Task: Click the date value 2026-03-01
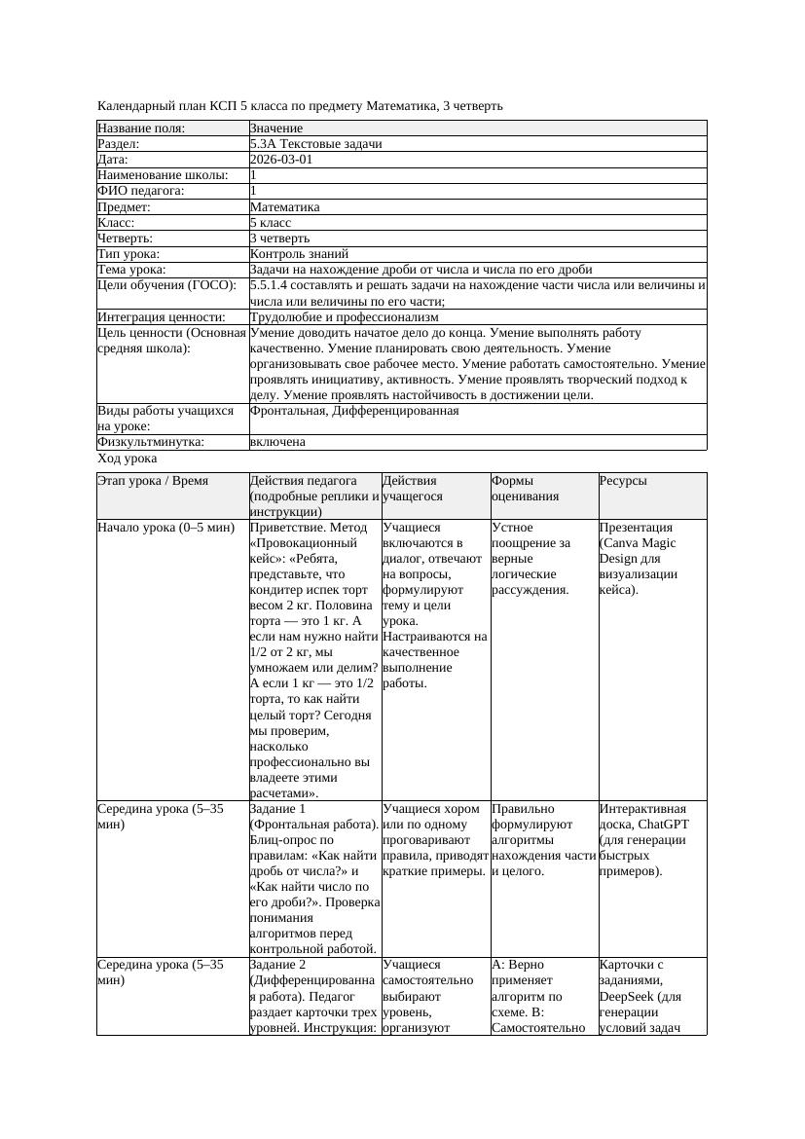(281, 160)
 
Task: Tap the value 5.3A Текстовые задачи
(315, 144)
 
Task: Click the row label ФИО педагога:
(141, 191)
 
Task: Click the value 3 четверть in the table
(279, 238)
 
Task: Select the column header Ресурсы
(623, 481)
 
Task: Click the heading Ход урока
(128, 458)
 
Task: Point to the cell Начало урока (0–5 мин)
(165, 528)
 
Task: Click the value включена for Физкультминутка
(277, 442)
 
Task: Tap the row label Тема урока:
(131, 269)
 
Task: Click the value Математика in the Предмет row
(284, 206)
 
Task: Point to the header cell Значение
(276, 129)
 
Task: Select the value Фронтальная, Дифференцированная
(354, 411)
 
